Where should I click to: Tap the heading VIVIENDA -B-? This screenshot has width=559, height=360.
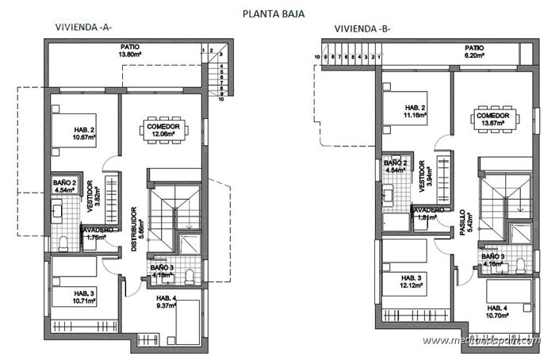362,29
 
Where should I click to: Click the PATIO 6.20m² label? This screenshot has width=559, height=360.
474,52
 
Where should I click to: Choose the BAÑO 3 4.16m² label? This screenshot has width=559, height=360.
492,261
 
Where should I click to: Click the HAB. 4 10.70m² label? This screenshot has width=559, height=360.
499,312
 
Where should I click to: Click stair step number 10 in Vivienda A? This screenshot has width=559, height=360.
221,100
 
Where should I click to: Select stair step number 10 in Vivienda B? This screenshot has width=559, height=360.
316,57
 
